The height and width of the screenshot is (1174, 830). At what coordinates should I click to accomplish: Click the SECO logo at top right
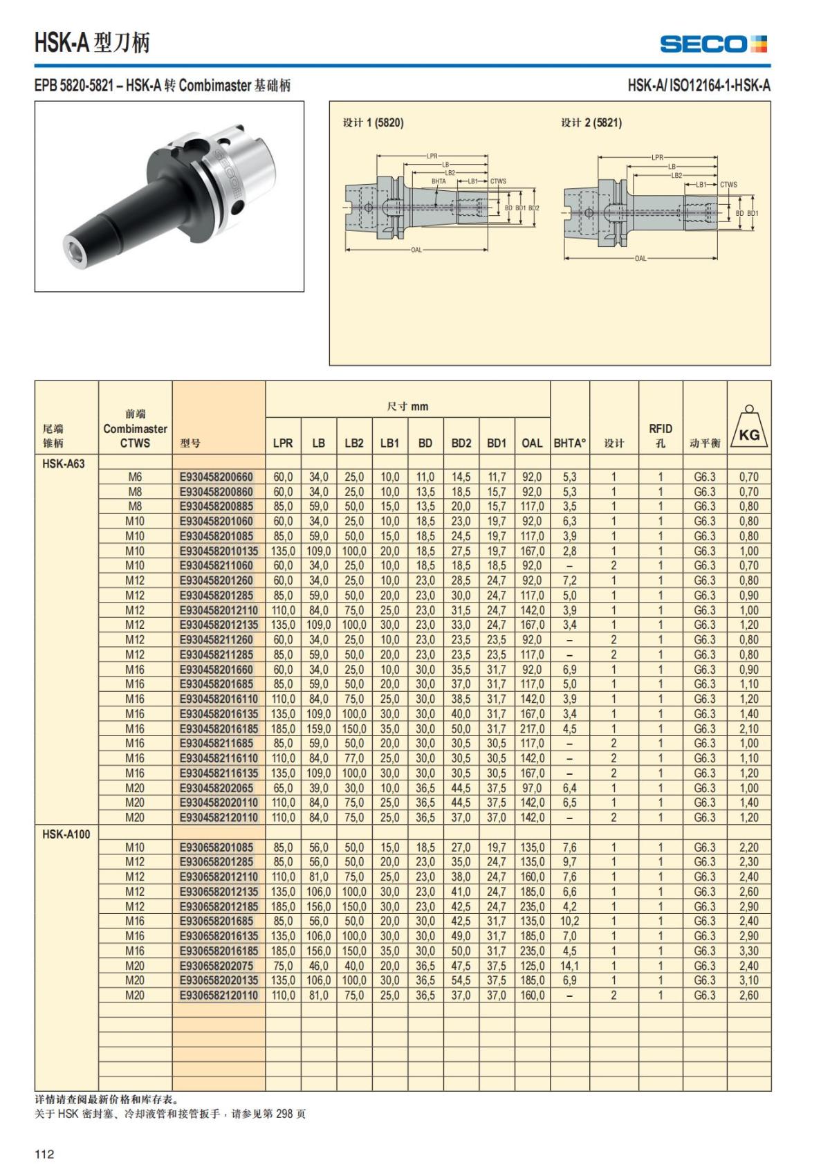pos(713,44)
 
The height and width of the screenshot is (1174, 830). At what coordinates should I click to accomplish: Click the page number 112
pos(44,1154)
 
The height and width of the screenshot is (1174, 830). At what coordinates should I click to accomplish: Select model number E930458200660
pos(216,477)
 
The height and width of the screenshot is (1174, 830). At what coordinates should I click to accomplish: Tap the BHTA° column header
pos(569,443)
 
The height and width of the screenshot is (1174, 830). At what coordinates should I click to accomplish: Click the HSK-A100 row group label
pos(66,834)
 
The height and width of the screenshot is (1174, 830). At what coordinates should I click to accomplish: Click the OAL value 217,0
pos(532,728)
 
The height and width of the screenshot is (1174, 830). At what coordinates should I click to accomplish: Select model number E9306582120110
pos(219,995)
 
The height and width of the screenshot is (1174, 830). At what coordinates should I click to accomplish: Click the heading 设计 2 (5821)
pos(591,122)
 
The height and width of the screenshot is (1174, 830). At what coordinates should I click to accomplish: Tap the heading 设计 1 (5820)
pos(373,122)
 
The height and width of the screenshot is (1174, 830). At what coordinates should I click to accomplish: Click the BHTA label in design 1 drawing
pos(439,181)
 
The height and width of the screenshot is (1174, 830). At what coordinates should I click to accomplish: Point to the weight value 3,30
pos(748,951)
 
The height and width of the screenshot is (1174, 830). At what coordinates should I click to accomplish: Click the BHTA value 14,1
pos(569,966)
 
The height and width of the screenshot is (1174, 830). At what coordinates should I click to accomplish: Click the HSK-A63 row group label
pos(63,464)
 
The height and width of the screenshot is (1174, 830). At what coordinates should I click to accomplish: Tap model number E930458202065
pos(216,788)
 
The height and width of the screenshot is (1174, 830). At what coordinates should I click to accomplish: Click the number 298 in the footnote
pos(286,1114)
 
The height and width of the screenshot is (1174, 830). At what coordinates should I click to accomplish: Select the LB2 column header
pos(354,443)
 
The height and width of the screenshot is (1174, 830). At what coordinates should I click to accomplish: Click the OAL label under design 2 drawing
pos(640,259)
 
